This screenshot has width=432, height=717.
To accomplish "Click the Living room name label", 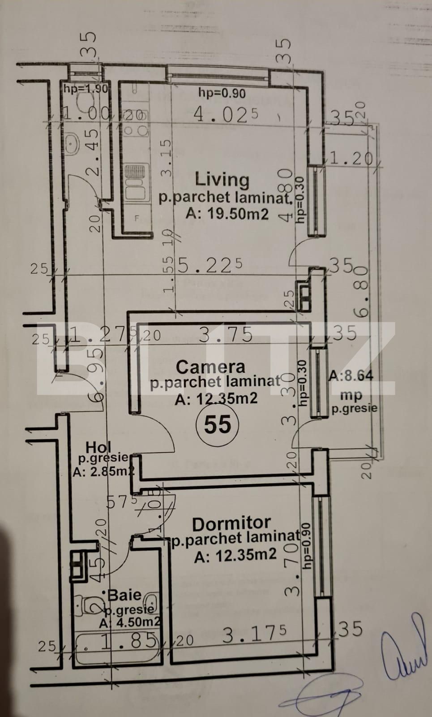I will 222,180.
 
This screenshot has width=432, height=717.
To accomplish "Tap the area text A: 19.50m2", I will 227,213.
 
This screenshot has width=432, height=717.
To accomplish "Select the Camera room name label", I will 210,367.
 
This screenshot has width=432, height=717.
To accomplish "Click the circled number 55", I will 217,424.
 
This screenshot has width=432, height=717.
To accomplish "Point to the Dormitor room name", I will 231,523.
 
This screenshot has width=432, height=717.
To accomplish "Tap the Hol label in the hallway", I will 98,447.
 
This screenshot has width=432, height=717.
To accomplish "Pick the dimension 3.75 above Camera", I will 225,335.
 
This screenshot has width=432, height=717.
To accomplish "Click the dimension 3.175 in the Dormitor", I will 254,635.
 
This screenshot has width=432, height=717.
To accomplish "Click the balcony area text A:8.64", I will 351,376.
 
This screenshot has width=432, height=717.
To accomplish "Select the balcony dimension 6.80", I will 361,292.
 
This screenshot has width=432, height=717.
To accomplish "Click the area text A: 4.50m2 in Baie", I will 130,622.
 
